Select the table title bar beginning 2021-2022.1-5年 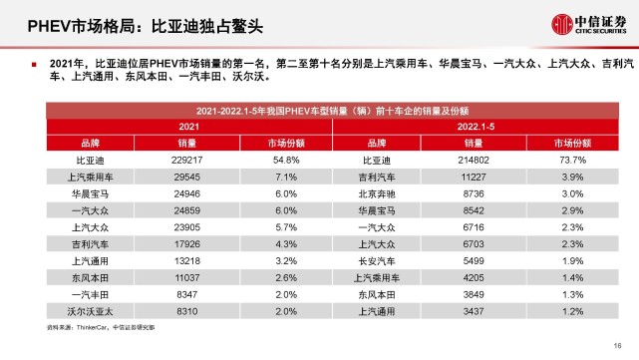click(319, 112)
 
